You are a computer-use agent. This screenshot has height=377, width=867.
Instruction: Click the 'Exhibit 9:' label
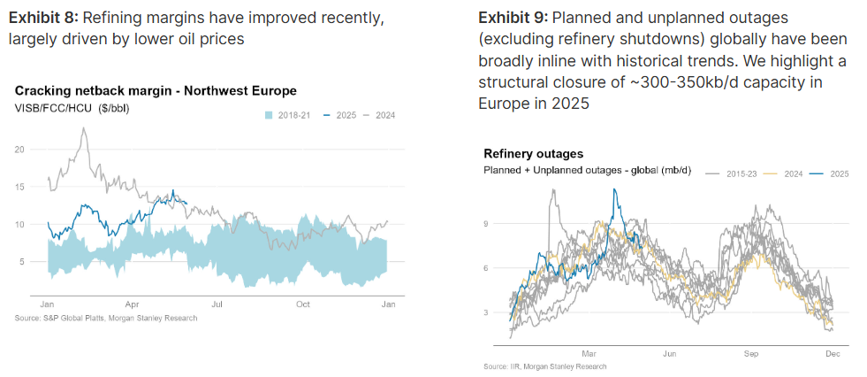[x=511, y=18]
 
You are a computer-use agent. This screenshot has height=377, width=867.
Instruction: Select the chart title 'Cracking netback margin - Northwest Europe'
[x=156, y=90]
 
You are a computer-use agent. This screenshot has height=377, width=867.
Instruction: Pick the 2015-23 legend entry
[x=733, y=173]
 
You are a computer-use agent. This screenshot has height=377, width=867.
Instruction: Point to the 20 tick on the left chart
[x=20, y=150]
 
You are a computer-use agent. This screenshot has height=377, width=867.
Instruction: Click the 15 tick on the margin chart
[x=20, y=187]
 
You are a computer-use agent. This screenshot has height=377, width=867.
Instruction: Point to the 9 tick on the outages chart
[x=486, y=224]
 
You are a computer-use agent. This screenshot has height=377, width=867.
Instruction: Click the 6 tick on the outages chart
[x=486, y=268]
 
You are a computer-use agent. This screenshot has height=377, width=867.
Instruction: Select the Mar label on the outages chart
[x=589, y=352]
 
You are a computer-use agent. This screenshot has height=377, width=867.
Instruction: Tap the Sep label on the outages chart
[x=751, y=352]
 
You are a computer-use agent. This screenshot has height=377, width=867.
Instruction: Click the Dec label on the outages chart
[x=832, y=352]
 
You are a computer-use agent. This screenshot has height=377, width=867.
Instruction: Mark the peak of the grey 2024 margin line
[x=84, y=128]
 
